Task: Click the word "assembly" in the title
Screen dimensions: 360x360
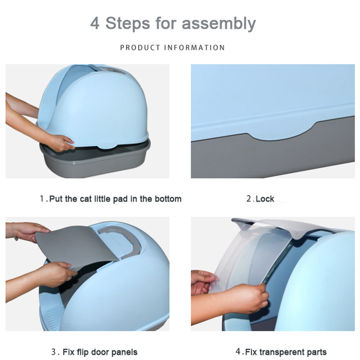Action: coord(219,24)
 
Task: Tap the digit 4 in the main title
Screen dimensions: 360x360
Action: coord(95,23)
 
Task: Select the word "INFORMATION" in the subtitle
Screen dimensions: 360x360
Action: coord(194,48)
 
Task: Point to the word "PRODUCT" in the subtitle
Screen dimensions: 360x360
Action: coord(140,48)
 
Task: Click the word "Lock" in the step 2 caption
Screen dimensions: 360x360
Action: coord(265,199)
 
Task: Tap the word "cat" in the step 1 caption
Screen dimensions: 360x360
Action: coord(85,199)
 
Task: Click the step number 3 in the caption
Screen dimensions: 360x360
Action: coord(54,352)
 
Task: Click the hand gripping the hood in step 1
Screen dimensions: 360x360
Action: coord(60,143)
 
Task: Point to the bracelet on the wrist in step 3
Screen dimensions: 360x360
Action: coord(15,232)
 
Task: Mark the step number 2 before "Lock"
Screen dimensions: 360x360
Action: coord(249,199)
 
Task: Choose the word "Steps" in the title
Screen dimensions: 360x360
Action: coord(128,23)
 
